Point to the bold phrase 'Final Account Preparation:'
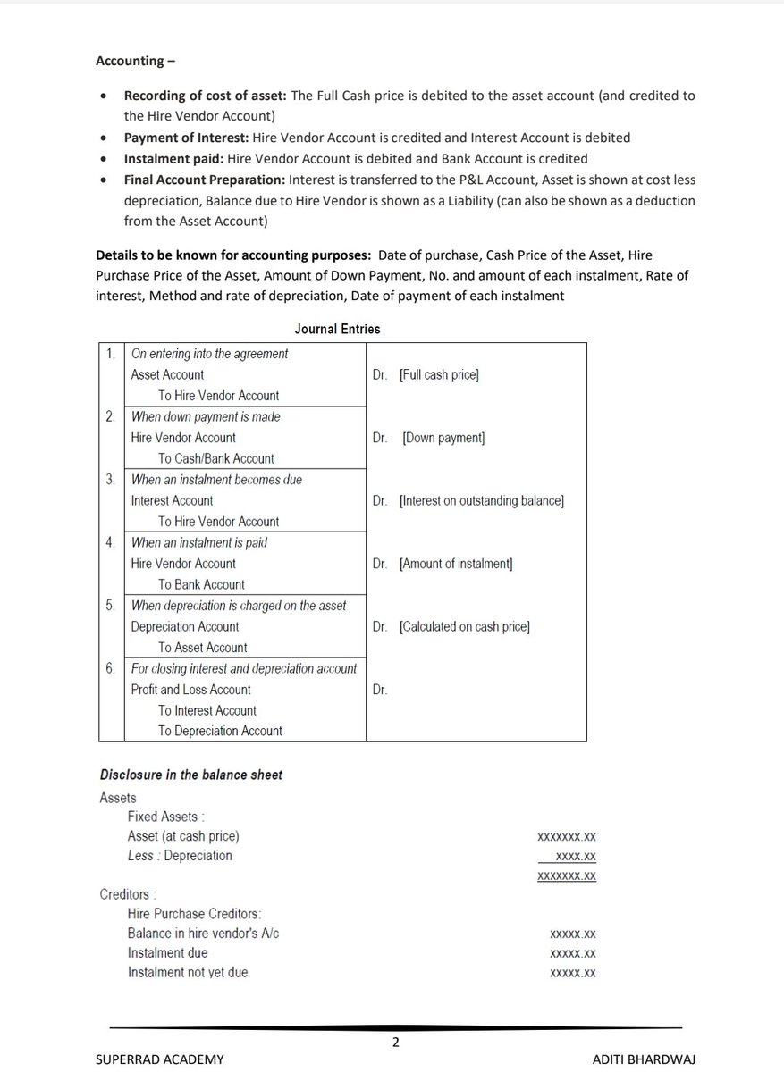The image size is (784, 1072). pyautogui.click(x=199, y=180)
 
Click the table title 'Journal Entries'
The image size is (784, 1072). pyautogui.click(x=337, y=329)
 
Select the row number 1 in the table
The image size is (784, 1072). pyautogui.click(x=110, y=354)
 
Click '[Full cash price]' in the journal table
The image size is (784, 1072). pyautogui.click(x=439, y=375)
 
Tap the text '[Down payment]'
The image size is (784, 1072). pyautogui.click(x=443, y=438)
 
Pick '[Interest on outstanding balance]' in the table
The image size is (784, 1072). pyautogui.click(x=481, y=501)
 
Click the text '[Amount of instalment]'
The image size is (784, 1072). pyautogui.click(x=456, y=564)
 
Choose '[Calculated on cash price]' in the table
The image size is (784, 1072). pyautogui.click(x=464, y=627)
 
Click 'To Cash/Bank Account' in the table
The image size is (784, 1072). pyautogui.click(x=216, y=459)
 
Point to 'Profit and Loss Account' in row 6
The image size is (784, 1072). pyautogui.click(x=190, y=690)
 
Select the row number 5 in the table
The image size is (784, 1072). pyautogui.click(x=110, y=606)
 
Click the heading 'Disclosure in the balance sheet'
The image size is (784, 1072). pyautogui.click(x=190, y=775)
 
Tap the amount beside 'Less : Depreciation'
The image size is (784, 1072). pyautogui.click(x=576, y=856)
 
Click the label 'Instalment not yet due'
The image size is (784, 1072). pyautogui.click(x=188, y=972)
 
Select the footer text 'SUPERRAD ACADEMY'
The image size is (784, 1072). pyautogui.click(x=160, y=1059)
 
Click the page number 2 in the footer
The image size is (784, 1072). pyautogui.click(x=395, y=1042)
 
